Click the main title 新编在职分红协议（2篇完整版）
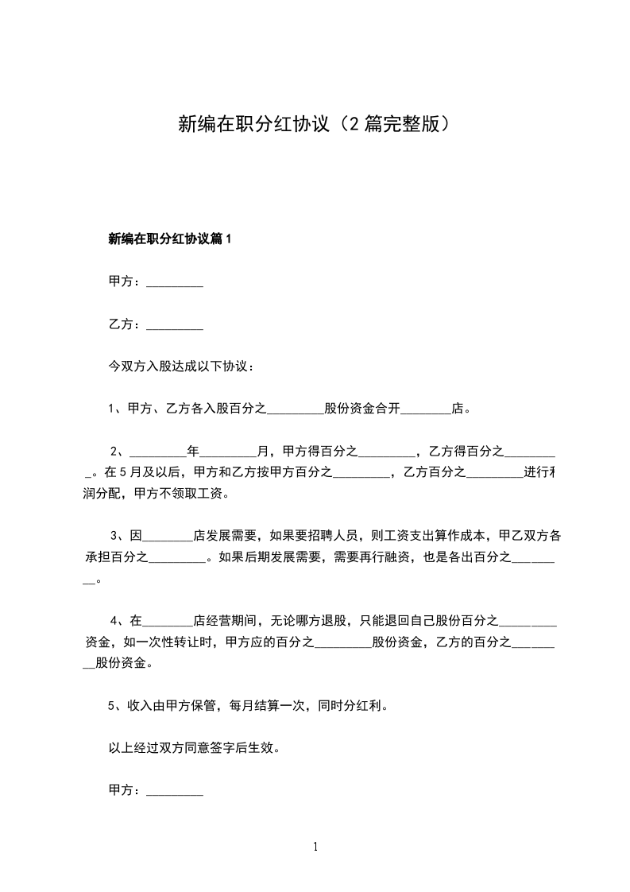[x=315, y=125]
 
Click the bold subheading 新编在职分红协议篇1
[x=169, y=239]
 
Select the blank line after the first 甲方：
[x=176, y=282]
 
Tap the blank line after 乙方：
[x=176, y=324]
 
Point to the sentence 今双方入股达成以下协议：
[x=181, y=367]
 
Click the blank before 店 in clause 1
[x=426, y=411]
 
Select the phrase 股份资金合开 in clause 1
[x=362, y=410]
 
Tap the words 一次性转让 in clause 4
[x=174, y=641]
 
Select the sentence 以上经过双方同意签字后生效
[x=193, y=748]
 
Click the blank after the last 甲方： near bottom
[x=176, y=791]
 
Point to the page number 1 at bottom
[x=315, y=847]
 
